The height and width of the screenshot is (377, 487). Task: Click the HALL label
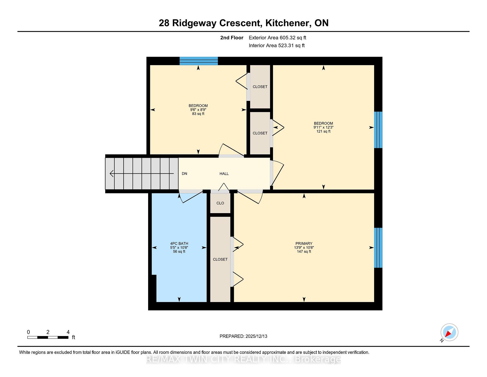point(224,174)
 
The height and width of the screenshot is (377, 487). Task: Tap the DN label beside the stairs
point(184,174)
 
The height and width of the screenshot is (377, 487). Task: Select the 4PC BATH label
point(179,243)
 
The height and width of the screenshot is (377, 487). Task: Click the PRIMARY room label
point(304,243)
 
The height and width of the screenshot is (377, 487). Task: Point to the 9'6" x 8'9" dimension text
point(198,110)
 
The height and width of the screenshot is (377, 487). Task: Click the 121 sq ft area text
point(323,131)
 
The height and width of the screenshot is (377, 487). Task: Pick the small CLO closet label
point(220,203)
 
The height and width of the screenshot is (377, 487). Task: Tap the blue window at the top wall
point(199,61)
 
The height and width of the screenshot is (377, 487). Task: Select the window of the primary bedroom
point(378,248)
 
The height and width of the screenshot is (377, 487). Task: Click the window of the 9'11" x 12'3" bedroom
point(378,130)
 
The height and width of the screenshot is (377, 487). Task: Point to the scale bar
point(48,337)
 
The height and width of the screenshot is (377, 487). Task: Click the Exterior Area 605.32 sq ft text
point(277,38)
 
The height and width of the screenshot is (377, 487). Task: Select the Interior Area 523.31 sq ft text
point(277,46)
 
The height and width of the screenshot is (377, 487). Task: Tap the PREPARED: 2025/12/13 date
point(243,336)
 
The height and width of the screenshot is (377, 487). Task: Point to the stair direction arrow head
point(111,174)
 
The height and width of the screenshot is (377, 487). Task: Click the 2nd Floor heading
point(232,38)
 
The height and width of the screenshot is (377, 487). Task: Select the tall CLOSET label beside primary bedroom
point(220,259)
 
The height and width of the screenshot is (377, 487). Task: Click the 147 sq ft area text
point(304,252)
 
